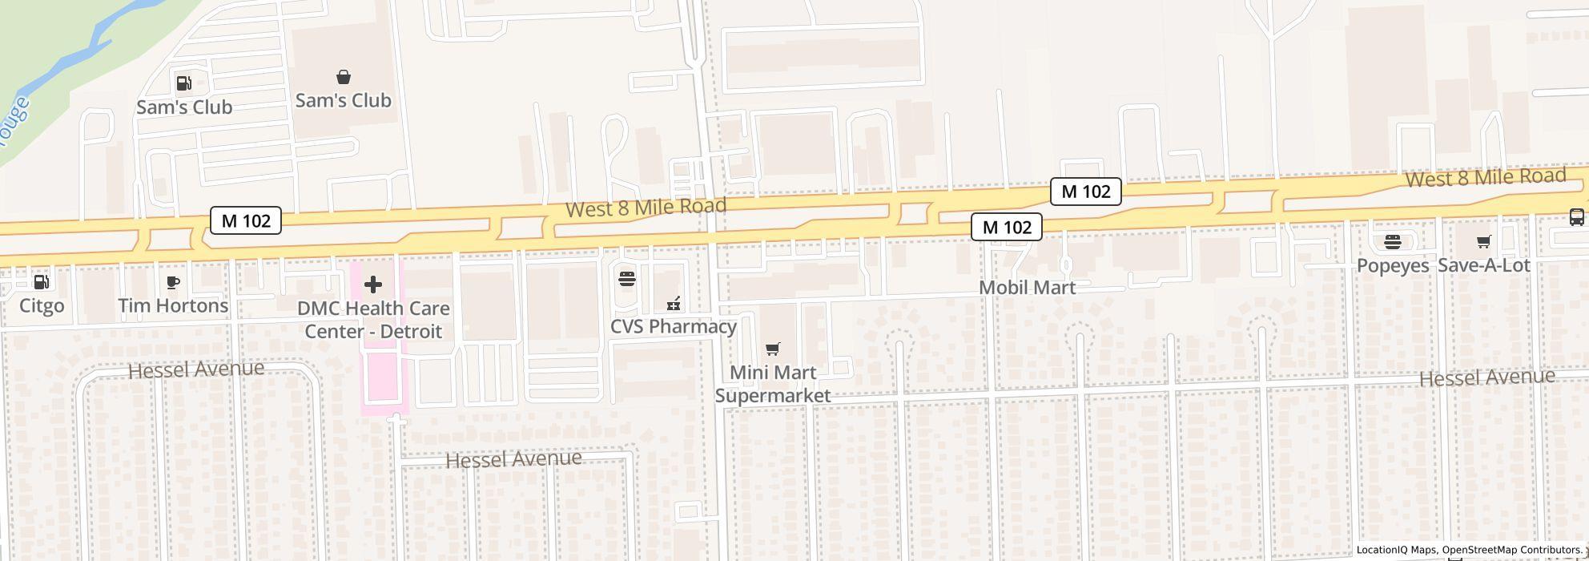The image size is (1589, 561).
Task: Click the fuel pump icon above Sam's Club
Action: [183, 83]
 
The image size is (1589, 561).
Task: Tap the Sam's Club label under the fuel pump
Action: [184, 107]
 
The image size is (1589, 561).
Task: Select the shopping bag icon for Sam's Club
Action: [343, 77]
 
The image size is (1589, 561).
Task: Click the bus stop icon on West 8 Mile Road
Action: [1575, 216]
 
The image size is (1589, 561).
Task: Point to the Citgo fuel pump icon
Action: [42, 281]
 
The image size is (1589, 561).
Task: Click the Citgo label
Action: [42, 306]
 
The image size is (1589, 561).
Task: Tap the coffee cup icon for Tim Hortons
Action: [173, 281]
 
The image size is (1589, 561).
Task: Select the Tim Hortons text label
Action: [173, 306]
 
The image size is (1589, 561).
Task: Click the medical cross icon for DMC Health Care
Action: [372, 285]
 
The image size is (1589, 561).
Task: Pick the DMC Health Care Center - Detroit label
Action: [373, 320]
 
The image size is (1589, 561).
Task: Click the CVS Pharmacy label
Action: [673, 327]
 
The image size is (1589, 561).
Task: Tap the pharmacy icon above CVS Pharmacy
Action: [674, 303]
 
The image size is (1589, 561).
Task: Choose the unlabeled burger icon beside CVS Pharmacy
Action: [627, 279]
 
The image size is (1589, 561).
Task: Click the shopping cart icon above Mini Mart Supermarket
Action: [772, 349]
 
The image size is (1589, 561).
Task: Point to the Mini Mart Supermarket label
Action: [772, 384]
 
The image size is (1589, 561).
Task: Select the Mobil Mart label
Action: [1027, 288]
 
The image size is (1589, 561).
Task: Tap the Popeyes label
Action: [1393, 266]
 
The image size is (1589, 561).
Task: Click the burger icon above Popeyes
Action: [1393, 241]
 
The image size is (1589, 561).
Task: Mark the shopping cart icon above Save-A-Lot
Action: [1483, 241]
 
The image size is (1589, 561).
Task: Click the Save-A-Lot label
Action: [1483, 266]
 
